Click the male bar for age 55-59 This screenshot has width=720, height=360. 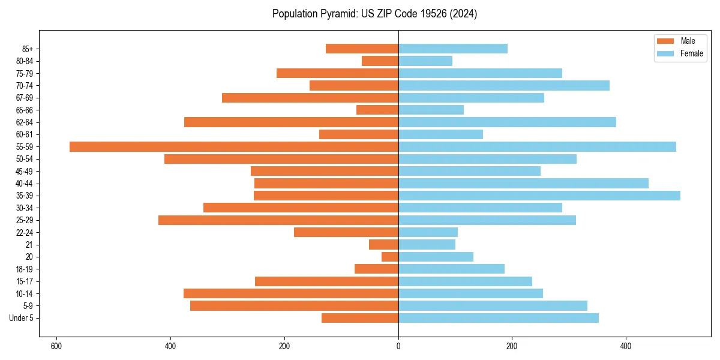pos(234,147)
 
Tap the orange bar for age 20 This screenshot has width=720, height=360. pos(390,257)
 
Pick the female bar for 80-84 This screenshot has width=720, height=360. pos(425,61)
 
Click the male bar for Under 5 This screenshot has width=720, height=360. pos(360,318)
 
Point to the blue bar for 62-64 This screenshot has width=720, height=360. pos(507,122)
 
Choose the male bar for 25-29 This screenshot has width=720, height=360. pos(278,220)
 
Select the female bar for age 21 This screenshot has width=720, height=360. pos(427,245)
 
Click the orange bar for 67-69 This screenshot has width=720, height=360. pos(310,98)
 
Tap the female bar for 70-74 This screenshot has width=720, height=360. pos(504,86)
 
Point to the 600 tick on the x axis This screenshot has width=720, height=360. pos(57,346)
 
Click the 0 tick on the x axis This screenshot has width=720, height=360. pos(398,346)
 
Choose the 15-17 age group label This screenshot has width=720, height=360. pos(25,281)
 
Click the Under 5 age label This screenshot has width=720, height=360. pos(22,318)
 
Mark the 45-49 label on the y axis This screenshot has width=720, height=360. pos(25,172)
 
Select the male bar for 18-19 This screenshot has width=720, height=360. pos(376,269)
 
